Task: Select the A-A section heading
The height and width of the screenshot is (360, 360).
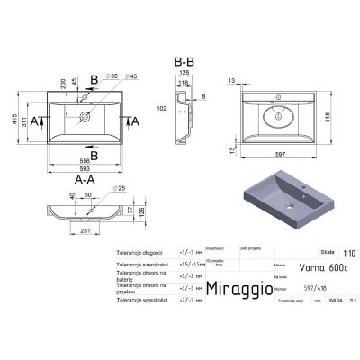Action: point(84,180)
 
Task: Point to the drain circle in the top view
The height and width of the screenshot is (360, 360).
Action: point(85,117)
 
